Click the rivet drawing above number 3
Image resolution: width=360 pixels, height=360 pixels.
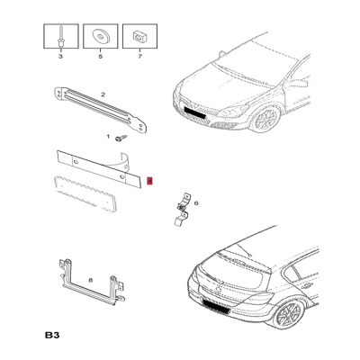[61, 37]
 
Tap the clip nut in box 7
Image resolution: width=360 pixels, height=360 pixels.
[139, 37]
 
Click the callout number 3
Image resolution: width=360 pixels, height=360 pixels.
[60, 57]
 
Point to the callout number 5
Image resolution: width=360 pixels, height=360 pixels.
[101, 57]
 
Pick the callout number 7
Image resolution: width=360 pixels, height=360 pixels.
[139, 57]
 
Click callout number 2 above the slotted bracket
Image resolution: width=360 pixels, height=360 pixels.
[103, 94]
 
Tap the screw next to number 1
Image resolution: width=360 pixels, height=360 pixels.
[121, 139]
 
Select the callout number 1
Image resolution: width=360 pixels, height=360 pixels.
[108, 137]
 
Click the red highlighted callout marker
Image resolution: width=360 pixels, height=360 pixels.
[150, 181]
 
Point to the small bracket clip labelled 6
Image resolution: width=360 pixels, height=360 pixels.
[182, 209]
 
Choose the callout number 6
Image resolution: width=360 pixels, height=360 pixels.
[196, 203]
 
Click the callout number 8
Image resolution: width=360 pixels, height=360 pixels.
[91, 280]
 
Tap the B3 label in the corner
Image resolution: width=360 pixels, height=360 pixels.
[52, 335]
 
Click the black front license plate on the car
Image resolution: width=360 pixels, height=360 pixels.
[194, 112]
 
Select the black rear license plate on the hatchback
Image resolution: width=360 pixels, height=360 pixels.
[217, 306]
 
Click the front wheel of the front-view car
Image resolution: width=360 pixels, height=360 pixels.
[265, 120]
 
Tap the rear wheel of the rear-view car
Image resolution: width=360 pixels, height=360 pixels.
[288, 315]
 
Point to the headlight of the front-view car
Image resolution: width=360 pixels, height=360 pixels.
[233, 112]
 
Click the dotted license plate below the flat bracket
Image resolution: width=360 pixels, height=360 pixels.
[85, 194]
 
